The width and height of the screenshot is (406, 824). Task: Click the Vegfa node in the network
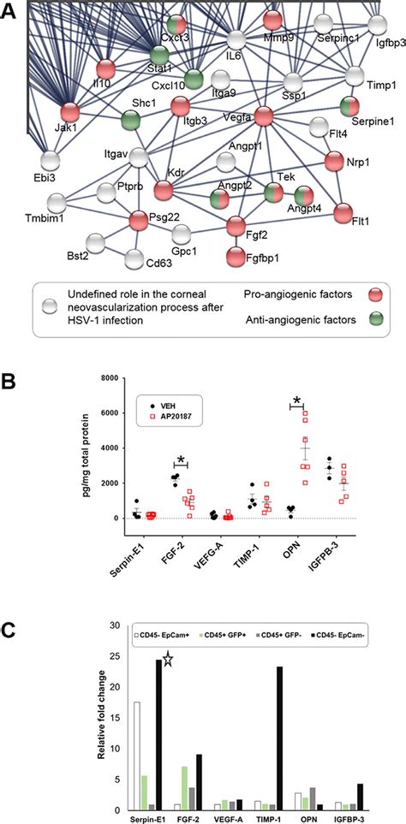pos(264,114)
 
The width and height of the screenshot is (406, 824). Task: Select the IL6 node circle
pos(237,40)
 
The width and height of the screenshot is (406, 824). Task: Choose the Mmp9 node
pos(272,20)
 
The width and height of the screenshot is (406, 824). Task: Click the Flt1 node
pos(343,211)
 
